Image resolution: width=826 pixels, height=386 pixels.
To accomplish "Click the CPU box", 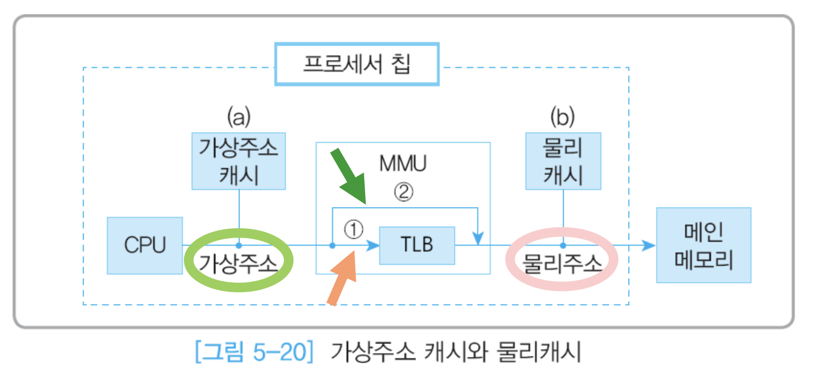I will click(144, 245).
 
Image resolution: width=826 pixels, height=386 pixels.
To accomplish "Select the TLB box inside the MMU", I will click(417, 245).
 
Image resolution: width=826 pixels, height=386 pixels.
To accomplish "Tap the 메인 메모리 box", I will click(703, 245).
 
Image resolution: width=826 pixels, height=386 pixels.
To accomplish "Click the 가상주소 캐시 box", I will click(238, 161).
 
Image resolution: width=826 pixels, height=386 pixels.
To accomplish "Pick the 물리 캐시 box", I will click(563, 161).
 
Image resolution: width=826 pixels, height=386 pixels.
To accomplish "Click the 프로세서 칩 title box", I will click(357, 64).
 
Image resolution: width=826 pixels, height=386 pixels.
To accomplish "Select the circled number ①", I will click(354, 229).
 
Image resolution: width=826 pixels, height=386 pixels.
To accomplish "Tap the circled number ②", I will click(404, 192).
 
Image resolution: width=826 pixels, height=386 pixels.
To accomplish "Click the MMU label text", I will click(403, 163).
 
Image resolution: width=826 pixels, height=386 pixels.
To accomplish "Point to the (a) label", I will click(238, 116).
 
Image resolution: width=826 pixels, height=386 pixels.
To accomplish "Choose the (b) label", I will click(563, 116).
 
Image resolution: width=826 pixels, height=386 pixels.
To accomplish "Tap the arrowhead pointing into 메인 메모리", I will click(648, 245).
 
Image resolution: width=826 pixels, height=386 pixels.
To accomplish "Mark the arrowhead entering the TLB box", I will click(374, 245).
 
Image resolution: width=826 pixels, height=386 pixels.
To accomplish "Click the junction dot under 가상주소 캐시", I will click(239, 245).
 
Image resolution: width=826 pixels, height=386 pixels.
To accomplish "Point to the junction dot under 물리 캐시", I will click(563, 245).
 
